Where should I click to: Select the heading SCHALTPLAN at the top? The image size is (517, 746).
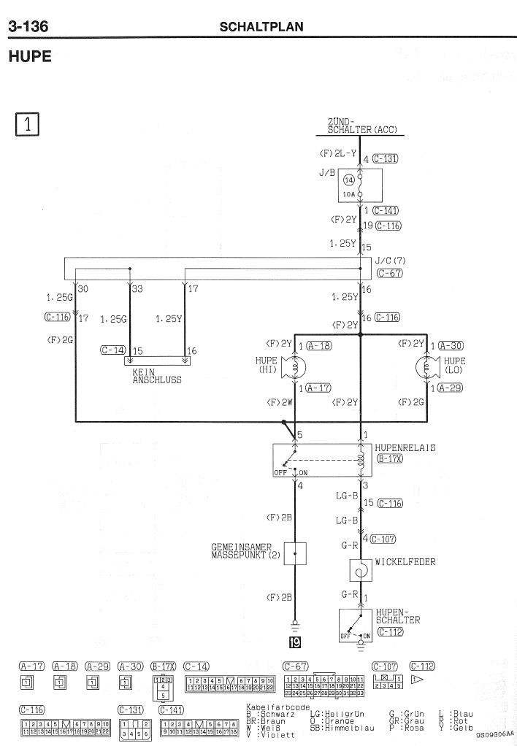(261, 27)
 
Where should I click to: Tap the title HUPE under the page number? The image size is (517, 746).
(29, 56)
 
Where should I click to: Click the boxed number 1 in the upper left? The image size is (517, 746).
(26, 125)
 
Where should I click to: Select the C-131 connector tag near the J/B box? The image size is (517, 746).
(385, 158)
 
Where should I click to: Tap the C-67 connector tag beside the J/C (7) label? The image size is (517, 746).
(390, 274)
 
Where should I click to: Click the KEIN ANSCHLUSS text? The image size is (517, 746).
(156, 375)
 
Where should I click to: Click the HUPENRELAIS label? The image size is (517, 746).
(405, 447)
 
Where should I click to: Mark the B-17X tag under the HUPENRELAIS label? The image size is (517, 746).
(390, 459)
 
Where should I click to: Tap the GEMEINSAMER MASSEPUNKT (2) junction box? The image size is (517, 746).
(295, 554)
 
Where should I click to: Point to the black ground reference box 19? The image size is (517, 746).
(295, 643)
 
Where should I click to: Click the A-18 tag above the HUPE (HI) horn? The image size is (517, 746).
(318, 345)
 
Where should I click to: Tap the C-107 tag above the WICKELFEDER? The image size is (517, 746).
(383, 539)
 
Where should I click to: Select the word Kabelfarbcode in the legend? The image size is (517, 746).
(269, 707)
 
